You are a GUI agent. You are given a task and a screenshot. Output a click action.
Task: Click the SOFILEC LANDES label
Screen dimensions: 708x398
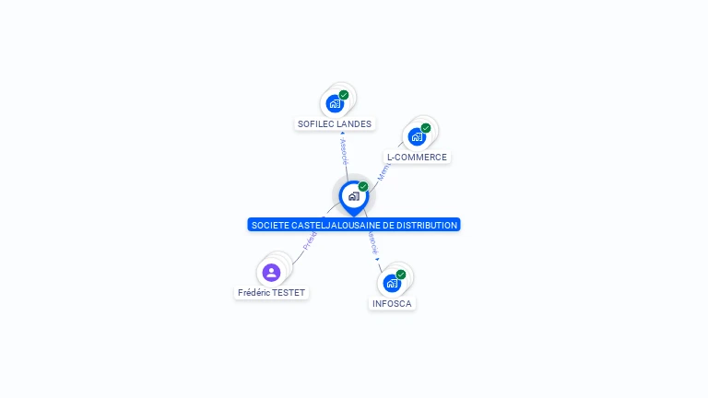334,123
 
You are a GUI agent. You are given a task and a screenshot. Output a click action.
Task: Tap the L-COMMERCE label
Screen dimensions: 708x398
417,158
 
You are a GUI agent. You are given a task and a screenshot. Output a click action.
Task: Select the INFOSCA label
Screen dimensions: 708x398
392,303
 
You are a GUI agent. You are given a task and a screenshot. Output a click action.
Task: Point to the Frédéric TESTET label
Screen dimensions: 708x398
271,293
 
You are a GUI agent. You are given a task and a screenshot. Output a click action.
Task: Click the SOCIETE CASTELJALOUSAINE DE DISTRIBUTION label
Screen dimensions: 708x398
354,225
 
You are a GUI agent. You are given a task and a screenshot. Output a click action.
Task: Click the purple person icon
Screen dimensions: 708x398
271,272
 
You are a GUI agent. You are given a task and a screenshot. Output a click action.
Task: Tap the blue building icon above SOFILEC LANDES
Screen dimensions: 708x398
335,103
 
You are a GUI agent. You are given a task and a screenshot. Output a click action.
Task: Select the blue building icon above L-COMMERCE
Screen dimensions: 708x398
417,137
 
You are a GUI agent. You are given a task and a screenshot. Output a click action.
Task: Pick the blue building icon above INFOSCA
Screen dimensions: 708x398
392,283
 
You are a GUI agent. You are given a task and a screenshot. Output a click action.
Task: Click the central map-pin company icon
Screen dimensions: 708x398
353,196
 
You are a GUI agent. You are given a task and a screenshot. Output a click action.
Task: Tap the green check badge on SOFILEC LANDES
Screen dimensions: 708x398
344,95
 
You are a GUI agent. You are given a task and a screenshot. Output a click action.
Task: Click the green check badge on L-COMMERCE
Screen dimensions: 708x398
426,128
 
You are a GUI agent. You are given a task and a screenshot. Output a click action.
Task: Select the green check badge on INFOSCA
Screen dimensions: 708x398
401,275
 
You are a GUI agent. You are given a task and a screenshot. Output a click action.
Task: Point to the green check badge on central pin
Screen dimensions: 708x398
363,187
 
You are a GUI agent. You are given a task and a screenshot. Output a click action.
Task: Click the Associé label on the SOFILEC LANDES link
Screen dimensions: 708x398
344,150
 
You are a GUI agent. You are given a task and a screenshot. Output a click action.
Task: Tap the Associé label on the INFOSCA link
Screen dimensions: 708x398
373,244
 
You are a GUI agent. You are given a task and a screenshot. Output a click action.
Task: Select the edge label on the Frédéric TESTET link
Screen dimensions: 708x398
311,240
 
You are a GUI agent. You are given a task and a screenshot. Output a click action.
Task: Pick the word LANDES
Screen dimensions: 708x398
354,123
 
